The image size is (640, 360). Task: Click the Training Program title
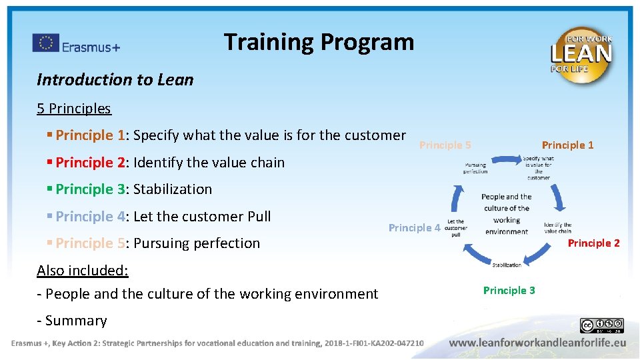pos(319,42)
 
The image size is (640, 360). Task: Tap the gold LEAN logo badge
pos(581,54)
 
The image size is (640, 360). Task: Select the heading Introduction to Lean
pos(115,80)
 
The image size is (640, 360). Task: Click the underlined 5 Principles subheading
pos(74,108)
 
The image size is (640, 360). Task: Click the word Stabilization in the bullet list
pos(173,189)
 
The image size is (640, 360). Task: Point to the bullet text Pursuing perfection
pos(197,243)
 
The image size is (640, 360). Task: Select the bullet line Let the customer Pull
pos(202,217)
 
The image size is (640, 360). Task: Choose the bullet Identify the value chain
pos(209,163)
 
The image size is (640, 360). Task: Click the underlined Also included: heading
pos(83,270)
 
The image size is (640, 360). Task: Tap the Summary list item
pos(75,321)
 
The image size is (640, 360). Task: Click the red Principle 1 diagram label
pos(567,145)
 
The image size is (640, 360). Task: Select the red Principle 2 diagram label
pos(593,243)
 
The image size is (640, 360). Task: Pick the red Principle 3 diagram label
pos(509,290)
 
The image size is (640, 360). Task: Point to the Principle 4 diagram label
pos(414,228)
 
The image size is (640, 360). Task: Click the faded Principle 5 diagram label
pos(445,145)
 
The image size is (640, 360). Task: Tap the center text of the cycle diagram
pos(506,214)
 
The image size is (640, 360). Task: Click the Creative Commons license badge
pos(601,325)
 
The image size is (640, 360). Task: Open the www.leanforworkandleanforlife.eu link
pos(537,343)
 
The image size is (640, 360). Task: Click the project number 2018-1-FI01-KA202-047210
pos(374,343)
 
